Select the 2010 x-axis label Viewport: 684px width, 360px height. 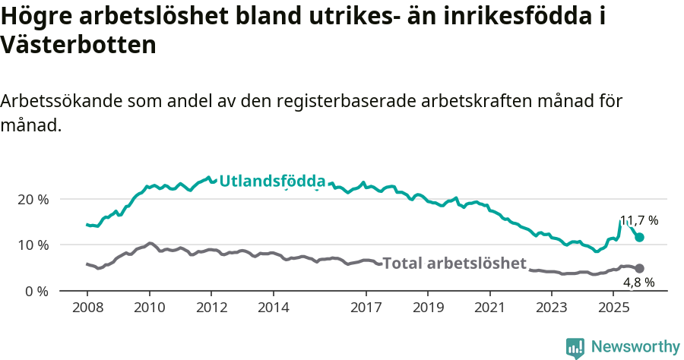tap(149, 309)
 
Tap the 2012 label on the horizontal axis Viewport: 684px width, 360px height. tap(211, 309)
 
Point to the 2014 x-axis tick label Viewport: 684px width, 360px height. tap(273, 309)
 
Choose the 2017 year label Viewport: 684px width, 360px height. tap(366, 309)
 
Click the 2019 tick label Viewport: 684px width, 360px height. tap(428, 309)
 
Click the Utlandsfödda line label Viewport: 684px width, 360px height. tap(272, 182)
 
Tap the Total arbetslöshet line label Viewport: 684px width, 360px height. tap(454, 264)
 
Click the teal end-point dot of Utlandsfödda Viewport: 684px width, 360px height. tap(640, 238)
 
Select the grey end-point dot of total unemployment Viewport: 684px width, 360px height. tap(640, 269)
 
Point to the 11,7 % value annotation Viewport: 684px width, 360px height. tap(639, 220)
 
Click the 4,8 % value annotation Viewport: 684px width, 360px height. tap(638, 283)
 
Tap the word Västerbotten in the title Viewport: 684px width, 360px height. tap(79, 45)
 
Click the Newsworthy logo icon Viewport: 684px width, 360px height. tap(575, 347)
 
